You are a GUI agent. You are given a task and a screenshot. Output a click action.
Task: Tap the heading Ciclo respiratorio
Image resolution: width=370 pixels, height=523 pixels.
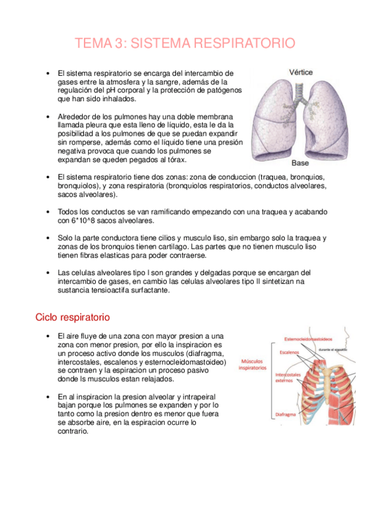(x=73, y=317)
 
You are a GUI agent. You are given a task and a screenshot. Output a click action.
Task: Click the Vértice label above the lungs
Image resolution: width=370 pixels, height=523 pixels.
(x=300, y=72)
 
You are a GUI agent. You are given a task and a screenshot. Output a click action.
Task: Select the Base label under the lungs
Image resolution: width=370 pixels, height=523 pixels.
(x=300, y=163)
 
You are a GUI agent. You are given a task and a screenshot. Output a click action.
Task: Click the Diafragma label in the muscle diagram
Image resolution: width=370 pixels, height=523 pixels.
(x=286, y=415)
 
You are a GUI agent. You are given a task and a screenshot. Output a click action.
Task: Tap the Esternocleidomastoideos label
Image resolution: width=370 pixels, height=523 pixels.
(x=308, y=339)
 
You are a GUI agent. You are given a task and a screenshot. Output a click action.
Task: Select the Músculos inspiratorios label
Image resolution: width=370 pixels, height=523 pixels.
(x=253, y=364)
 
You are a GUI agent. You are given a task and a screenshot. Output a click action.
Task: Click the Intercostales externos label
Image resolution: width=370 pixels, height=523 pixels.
(x=288, y=377)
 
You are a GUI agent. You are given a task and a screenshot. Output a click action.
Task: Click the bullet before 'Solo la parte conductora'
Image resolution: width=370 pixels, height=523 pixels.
(x=48, y=237)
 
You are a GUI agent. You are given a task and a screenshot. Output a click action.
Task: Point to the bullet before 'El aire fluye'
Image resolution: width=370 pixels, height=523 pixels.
(x=48, y=336)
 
